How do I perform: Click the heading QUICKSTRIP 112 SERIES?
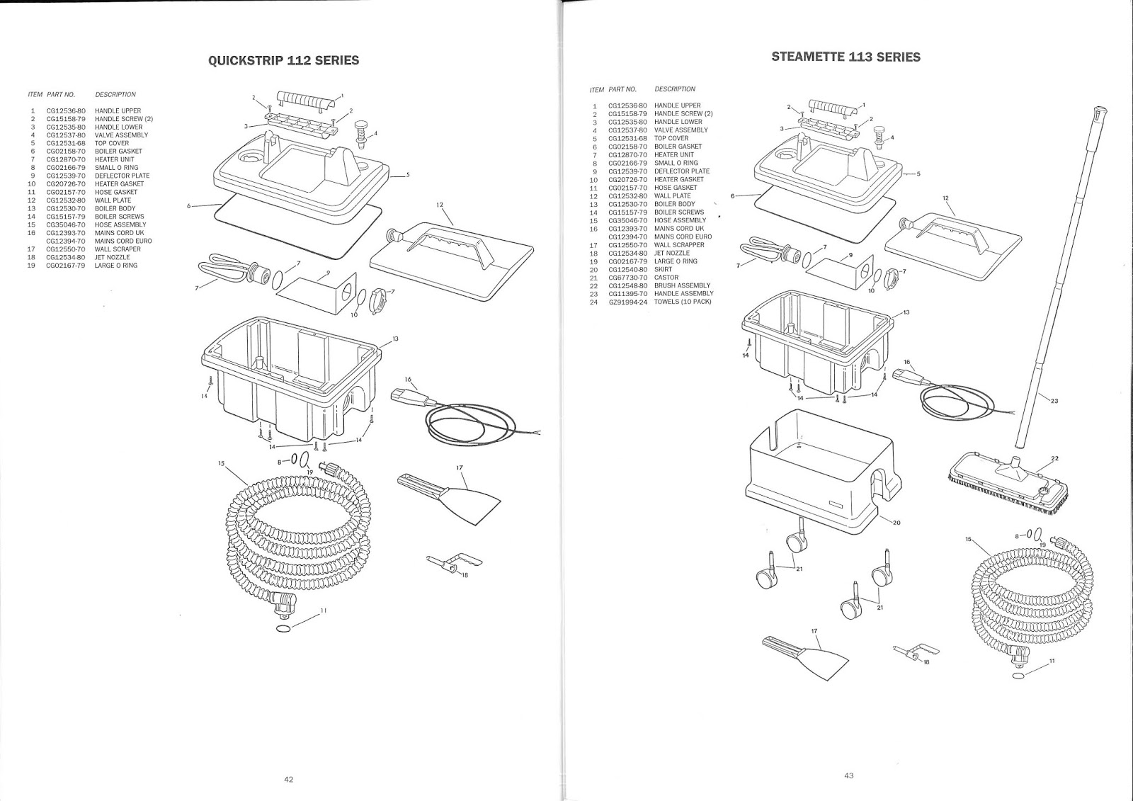[283, 60]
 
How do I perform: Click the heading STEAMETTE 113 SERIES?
[846, 57]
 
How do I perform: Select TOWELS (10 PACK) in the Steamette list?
[683, 302]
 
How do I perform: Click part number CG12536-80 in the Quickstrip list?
[66, 110]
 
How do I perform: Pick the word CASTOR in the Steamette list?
[666, 278]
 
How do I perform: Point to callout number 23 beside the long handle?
[1054, 401]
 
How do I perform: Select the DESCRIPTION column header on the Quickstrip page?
[115, 94]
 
